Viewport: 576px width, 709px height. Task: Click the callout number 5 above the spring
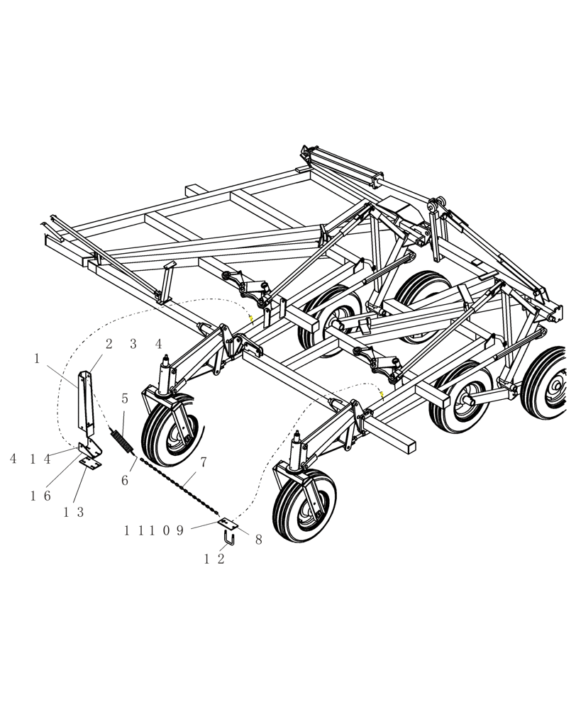coord(125,399)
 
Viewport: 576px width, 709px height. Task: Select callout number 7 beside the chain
coord(204,462)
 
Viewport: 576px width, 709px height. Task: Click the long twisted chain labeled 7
coord(177,489)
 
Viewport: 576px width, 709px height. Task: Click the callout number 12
coord(215,559)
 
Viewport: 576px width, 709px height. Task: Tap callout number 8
coord(258,540)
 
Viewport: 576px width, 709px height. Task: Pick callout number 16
coord(40,496)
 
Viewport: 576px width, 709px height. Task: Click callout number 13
coord(74,513)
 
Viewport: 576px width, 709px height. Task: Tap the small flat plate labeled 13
coord(90,461)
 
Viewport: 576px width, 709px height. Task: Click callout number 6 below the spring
coord(125,481)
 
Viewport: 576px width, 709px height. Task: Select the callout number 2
coord(109,345)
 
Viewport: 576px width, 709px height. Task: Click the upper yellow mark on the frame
coord(250,320)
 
